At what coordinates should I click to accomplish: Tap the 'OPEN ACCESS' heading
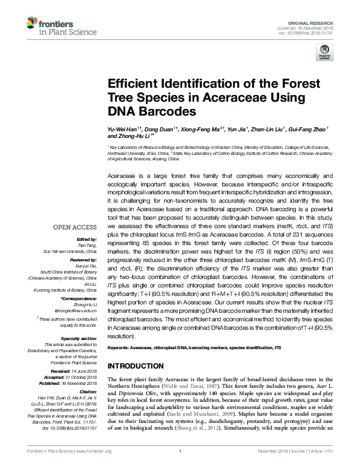tap(74, 227)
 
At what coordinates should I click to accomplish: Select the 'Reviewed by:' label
tap(83, 259)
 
